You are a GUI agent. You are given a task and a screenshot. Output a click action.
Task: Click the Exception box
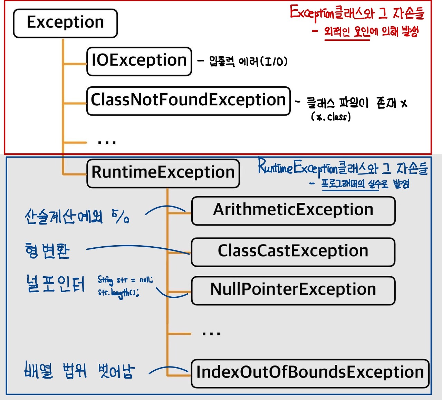pyautogui.click(x=65, y=23)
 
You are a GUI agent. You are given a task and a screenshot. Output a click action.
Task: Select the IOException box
pyautogui.click(x=139, y=61)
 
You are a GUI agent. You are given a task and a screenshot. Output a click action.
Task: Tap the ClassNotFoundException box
pyautogui.click(x=188, y=101)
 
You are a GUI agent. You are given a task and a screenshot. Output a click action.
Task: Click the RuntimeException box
pyautogui.click(x=163, y=173)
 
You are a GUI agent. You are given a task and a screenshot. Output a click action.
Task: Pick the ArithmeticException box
pyautogui.click(x=293, y=210)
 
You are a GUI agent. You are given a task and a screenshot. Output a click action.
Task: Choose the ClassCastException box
pyautogui.click(x=293, y=251)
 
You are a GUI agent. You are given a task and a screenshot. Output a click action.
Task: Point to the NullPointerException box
pyautogui.click(x=293, y=290)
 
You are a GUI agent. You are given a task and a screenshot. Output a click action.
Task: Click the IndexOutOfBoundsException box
pyautogui.click(x=310, y=373)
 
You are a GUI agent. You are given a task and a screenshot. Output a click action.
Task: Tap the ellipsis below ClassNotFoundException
pyautogui.click(x=107, y=142)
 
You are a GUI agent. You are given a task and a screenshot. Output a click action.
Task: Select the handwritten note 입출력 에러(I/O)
pyautogui.click(x=248, y=61)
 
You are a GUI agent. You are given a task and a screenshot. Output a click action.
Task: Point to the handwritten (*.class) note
pyautogui.click(x=331, y=117)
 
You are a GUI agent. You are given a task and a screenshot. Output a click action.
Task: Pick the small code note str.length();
pyautogui.click(x=118, y=293)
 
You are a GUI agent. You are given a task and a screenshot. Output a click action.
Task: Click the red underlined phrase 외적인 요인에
pyautogui.click(x=347, y=32)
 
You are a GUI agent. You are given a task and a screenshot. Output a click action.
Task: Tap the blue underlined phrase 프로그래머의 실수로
pyautogui.click(x=354, y=184)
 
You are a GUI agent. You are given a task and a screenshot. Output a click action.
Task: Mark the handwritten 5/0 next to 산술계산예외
pyautogui.click(x=121, y=216)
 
